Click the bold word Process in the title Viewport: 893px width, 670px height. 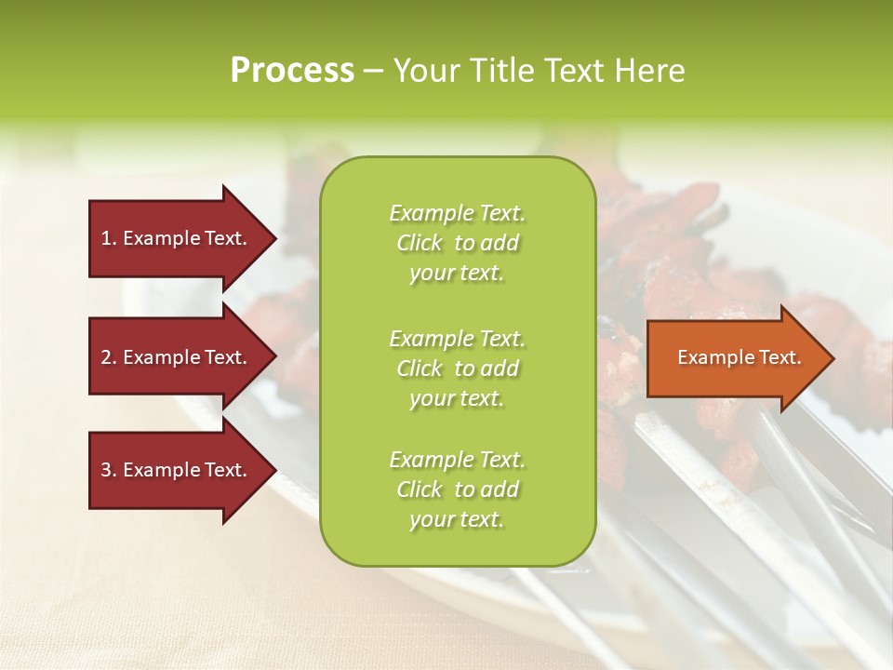coord(292,70)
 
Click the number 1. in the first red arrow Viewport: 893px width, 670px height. coord(109,238)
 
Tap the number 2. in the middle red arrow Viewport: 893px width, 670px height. coord(109,357)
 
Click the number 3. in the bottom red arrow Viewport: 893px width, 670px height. coord(109,470)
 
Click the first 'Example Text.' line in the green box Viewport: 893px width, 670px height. coord(457,213)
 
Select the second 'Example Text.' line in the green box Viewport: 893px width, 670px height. coord(457,338)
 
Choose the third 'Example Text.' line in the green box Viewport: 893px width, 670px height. coord(457,460)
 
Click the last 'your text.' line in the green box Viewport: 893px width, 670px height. coord(457,520)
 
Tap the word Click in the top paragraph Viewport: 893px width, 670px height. coord(419,243)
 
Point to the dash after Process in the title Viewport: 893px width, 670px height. coord(373,71)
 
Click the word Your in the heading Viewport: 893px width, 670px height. coord(427,70)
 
